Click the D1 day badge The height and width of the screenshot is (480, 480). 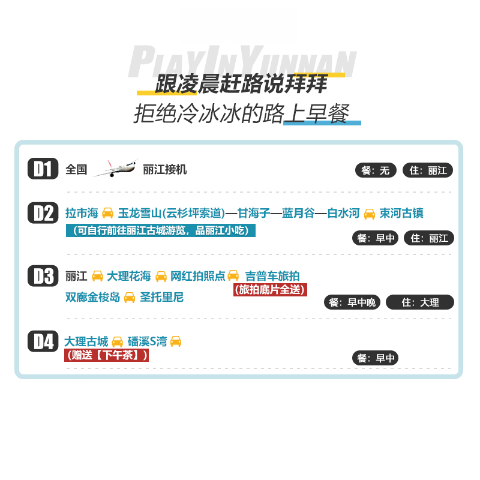tap(43, 169)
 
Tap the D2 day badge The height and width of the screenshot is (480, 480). tap(43, 213)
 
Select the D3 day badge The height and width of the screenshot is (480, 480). tap(43, 276)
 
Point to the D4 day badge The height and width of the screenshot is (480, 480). tap(43, 341)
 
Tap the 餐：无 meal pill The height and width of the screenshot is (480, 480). tap(376, 170)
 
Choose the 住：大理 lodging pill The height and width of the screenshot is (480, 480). tap(420, 302)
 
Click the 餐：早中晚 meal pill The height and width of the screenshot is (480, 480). tap(352, 302)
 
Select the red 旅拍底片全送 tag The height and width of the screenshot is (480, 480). tap(270, 289)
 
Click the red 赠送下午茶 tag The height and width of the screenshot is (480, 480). tap(106, 355)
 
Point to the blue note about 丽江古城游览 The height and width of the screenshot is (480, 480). tap(160, 230)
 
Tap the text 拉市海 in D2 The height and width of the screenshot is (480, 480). tap(82, 213)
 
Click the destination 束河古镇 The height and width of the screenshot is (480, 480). tap(402, 213)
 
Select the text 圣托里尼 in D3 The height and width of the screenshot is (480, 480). tap(162, 297)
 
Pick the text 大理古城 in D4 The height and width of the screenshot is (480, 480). tap(86, 341)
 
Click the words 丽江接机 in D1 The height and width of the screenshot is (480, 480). tap(165, 170)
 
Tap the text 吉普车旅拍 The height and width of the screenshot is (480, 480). tap(272, 276)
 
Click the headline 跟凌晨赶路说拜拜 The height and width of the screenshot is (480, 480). tap(240, 85)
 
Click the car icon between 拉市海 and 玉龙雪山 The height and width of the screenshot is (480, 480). tap(108, 213)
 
